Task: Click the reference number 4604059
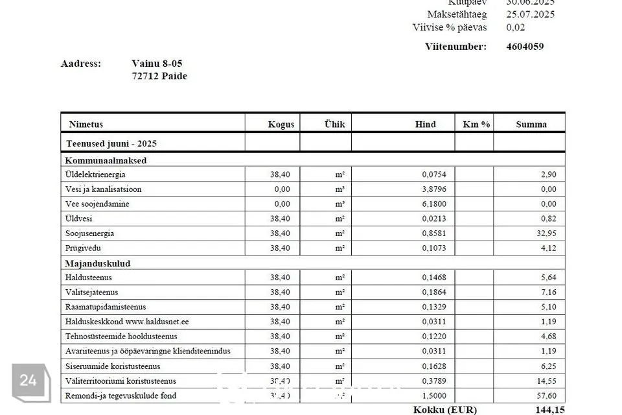[525, 47]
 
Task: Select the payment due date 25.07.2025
[530, 14]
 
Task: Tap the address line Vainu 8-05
[157, 64]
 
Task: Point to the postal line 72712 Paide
[159, 76]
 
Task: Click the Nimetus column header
[86, 124]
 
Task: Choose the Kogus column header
[281, 124]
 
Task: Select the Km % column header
[476, 124]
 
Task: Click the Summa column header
[531, 124]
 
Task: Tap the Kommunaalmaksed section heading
[106, 160]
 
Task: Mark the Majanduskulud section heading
[97, 263]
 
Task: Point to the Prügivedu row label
[83, 248]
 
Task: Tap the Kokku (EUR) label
[445, 410]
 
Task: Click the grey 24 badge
[28, 381]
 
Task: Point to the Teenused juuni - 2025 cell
[111, 143]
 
